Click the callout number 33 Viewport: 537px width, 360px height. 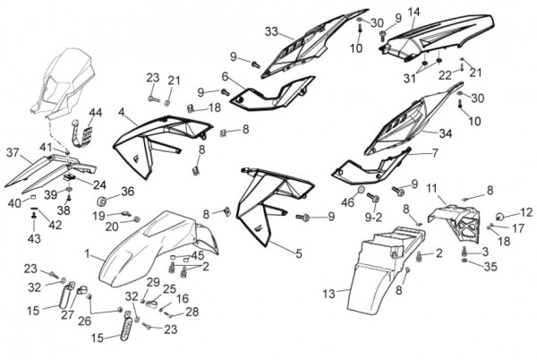tap(271, 32)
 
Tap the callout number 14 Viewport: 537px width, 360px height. tap(413, 12)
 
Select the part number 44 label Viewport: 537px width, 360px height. tap(95, 113)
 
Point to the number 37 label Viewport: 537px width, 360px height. tap(12, 152)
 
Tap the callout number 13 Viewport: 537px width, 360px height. tap(328, 292)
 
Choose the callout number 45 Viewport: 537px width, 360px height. tap(198, 255)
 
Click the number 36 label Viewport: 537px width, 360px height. tap(127, 191)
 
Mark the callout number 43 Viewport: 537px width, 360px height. tap(33, 239)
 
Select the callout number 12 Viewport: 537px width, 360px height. tap(526, 212)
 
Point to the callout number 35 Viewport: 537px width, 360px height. tap(490, 267)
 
